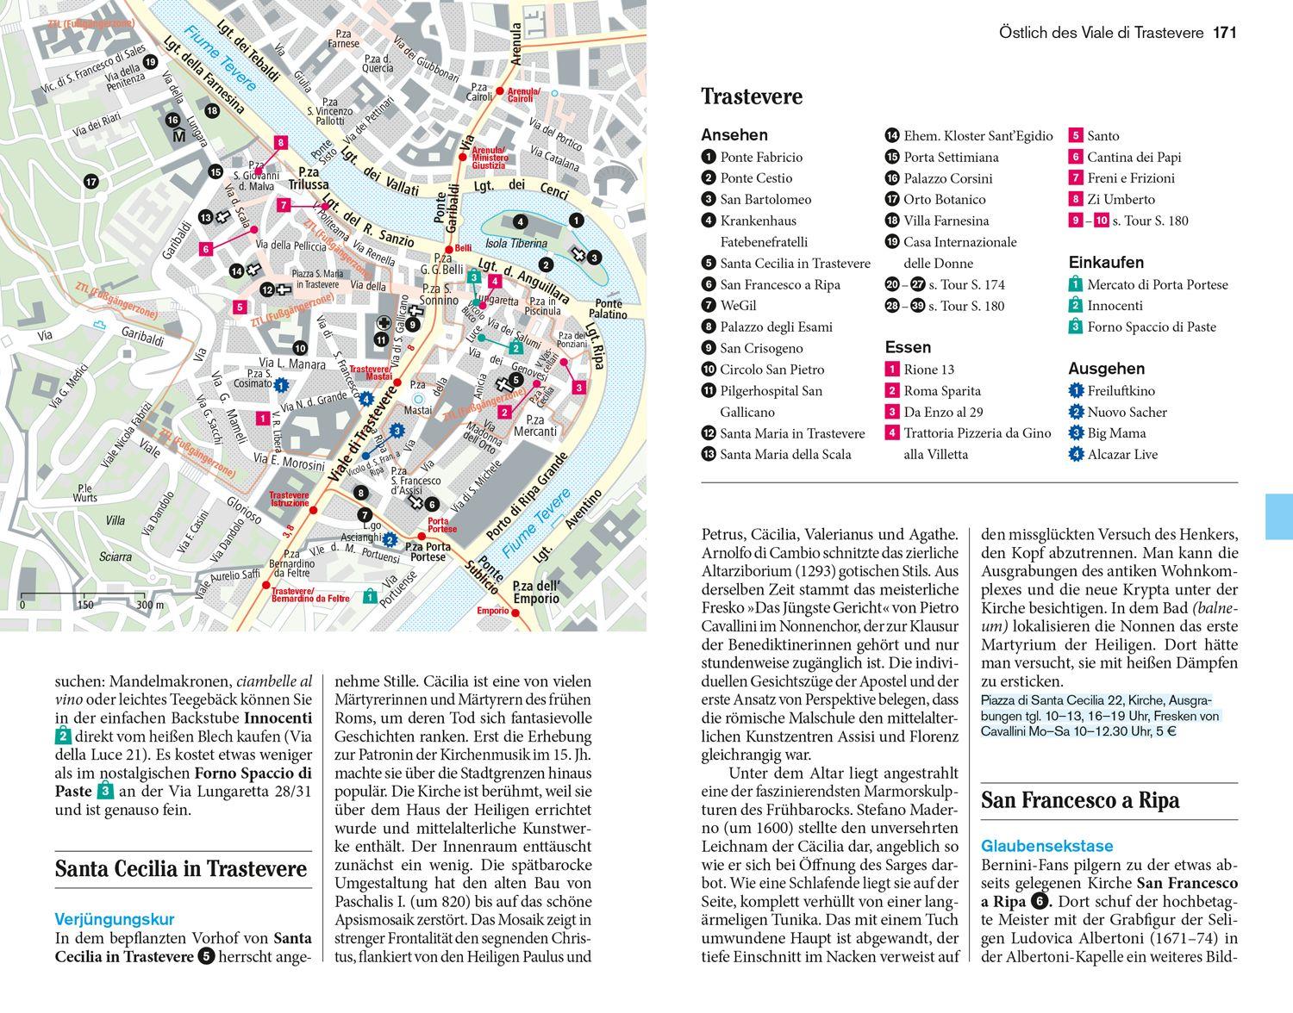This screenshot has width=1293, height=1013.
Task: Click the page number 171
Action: click(1224, 33)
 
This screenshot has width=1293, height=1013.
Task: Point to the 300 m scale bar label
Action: click(149, 605)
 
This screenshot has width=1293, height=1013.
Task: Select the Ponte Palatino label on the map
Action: click(608, 309)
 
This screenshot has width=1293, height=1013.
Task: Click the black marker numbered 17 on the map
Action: click(91, 182)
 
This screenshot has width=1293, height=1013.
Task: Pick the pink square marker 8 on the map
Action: click(279, 143)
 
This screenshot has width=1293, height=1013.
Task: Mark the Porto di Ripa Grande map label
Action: click(526, 497)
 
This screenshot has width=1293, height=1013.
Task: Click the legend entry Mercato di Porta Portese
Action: click(1157, 284)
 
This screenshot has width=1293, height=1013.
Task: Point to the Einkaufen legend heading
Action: click(1106, 263)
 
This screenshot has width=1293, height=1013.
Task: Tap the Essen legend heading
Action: click(908, 347)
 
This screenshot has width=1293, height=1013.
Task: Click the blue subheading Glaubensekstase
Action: click(1046, 846)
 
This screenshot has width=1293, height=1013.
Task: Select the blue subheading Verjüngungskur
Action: click(115, 919)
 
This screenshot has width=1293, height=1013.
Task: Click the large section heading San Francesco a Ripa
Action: click(1079, 800)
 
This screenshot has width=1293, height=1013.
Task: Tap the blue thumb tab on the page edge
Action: click(1279, 517)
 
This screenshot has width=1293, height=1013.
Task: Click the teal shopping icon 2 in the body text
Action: click(63, 736)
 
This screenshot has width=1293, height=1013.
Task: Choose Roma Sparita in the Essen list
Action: click(942, 390)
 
